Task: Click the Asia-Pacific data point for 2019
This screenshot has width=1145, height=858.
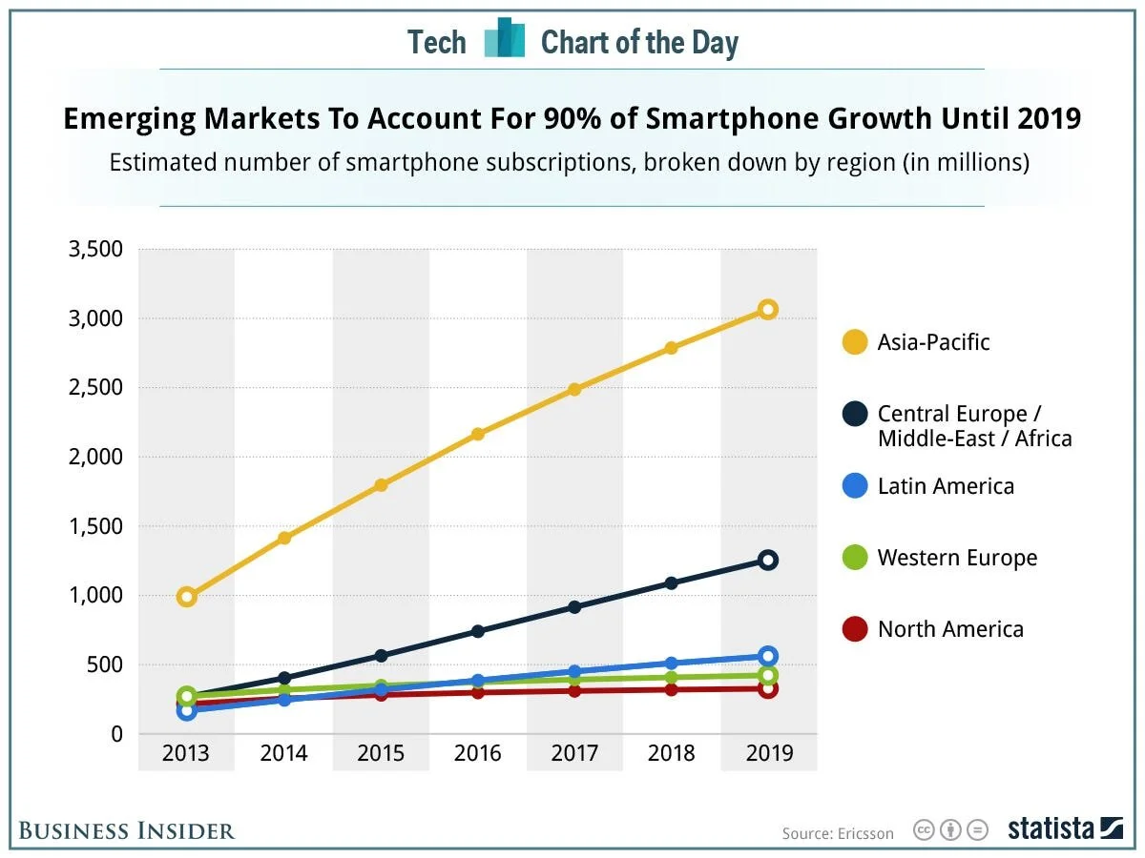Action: coord(767,309)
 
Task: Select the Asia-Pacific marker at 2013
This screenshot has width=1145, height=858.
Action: coord(187,597)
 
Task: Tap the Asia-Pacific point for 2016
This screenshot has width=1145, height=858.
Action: coord(477,435)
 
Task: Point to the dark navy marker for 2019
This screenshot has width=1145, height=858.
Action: coord(767,560)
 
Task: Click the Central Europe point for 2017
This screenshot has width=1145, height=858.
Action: coord(574,607)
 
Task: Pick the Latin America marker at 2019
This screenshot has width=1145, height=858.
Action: coord(767,656)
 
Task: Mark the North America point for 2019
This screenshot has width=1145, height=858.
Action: coord(767,688)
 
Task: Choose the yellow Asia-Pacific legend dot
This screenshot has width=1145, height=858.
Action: coord(855,342)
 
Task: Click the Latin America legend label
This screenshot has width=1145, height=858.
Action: coord(946,486)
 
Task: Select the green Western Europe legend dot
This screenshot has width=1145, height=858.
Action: coord(855,558)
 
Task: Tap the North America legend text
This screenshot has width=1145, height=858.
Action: coord(950,629)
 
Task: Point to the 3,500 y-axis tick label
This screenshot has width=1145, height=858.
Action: coord(96,250)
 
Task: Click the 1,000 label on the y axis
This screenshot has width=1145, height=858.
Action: coord(96,596)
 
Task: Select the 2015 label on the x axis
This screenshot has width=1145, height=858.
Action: coord(381,754)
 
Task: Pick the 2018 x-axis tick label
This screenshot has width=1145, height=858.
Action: coord(671,754)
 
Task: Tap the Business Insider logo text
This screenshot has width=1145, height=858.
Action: coord(126,830)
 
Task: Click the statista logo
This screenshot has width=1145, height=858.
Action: coord(1065,829)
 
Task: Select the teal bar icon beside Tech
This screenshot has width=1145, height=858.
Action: coord(504,39)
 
